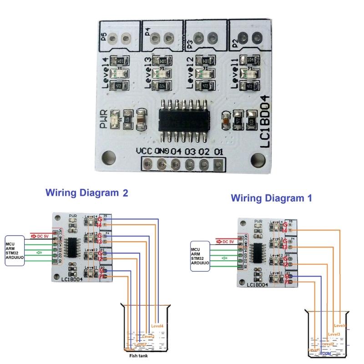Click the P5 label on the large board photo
(x=104, y=37)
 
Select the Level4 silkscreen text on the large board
(x=106, y=73)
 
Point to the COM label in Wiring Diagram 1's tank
(x=326, y=353)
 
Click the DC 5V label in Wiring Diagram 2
(x=42, y=236)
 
